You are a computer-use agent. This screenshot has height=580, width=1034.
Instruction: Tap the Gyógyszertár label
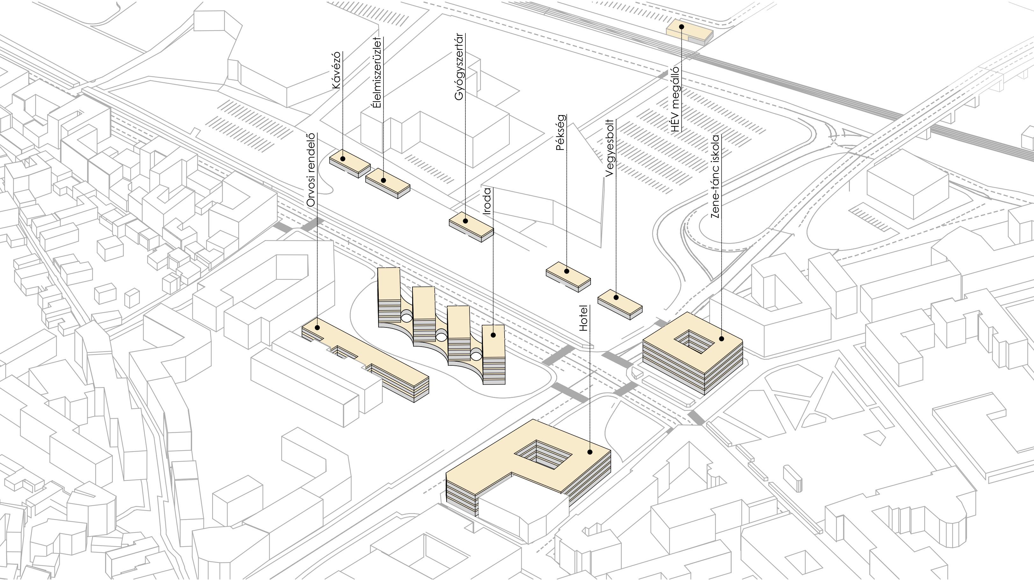[x=459, y=67]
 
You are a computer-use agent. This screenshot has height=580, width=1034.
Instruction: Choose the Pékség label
[x=561, y=133]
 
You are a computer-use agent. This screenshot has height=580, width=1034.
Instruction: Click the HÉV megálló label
[x=675, y=99]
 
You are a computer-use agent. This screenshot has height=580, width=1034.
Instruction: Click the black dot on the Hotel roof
[x=590, y=452]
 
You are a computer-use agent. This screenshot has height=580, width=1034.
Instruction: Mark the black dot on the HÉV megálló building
[x=681, y=26]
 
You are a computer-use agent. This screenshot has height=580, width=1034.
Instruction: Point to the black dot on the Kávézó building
[x=343, y=159]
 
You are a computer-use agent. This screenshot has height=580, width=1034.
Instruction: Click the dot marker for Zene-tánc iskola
[x=721, y=339]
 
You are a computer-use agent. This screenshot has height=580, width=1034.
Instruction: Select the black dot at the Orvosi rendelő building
[x=318, y=327]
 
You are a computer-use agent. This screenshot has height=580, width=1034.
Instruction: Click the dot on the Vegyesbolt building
[x=616, y=297]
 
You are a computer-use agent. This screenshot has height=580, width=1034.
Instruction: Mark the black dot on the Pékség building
[x=567, y=271]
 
